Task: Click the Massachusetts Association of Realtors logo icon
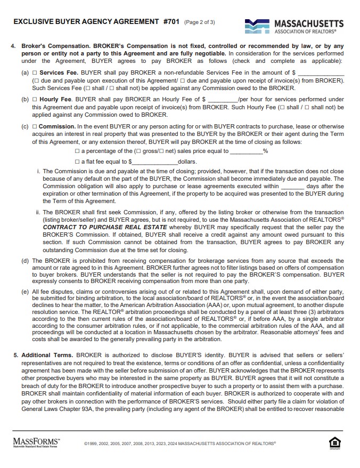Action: coord(258,26)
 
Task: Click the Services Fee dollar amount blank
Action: coord(321,72)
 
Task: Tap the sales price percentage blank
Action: coord(246,151)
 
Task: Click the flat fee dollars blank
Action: coord(154,162)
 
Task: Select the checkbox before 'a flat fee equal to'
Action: coord(78,162)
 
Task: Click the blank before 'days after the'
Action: coord(292,187)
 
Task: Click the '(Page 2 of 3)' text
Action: coord(199,22)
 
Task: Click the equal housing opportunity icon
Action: coord(335,443)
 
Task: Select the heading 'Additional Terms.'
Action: coord(47,354)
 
